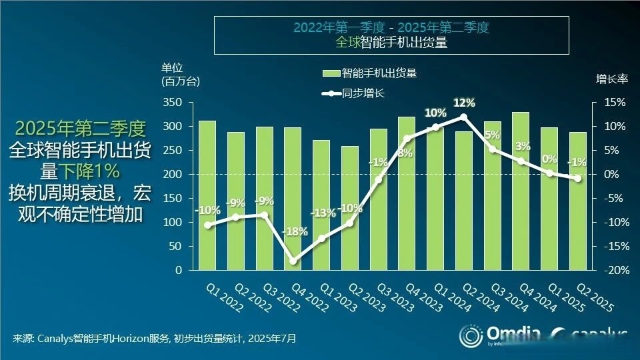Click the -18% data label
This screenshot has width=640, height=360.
tap(295, 232)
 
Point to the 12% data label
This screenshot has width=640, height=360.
tap(464, 103)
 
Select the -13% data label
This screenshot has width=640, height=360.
tap(323, 213)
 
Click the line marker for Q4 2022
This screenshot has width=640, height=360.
tap(293, 261)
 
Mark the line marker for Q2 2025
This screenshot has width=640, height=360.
tap(577, 178)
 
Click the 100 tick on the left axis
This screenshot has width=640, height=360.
tap(173, 223)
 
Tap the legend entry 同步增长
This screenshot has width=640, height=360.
tap(363, 93)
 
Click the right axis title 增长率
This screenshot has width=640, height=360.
tap(611, 79)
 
